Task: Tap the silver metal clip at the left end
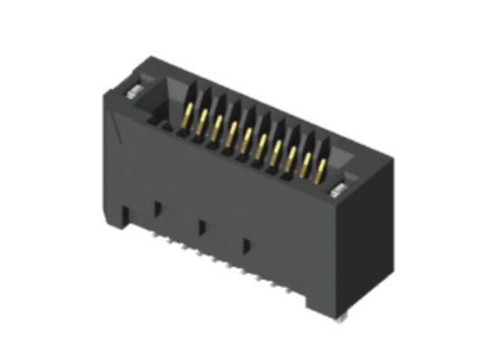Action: pos(131,90)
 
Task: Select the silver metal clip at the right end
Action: pos(339,187)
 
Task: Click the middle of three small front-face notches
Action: pos(202,224)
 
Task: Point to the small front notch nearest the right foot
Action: pos(246,244)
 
